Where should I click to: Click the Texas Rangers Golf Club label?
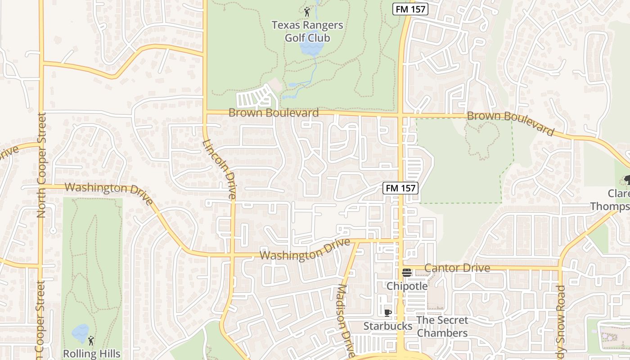[x=307, y=31]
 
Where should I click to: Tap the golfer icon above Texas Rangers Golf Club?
[x=307, y=12]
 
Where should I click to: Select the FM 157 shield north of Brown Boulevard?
[x=409, y=9]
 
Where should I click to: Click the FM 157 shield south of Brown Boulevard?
[x=400, y=188]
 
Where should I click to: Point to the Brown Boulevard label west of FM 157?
[x=274, y=112]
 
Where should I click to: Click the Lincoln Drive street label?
[x=220, y=169]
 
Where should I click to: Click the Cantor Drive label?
[x=457, y=268]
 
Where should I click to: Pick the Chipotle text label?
[x=407, y=286]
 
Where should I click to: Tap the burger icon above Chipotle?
[x=407, y=272]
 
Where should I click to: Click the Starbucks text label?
[x=387, y=326]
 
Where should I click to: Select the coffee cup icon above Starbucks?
[x=388, y=313]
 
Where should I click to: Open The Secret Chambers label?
[x=442, y=327]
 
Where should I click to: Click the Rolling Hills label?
[x=92, y=354]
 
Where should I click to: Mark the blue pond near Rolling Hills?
[x=80, y=333]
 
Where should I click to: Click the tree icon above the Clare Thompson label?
[x=626, y=180]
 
